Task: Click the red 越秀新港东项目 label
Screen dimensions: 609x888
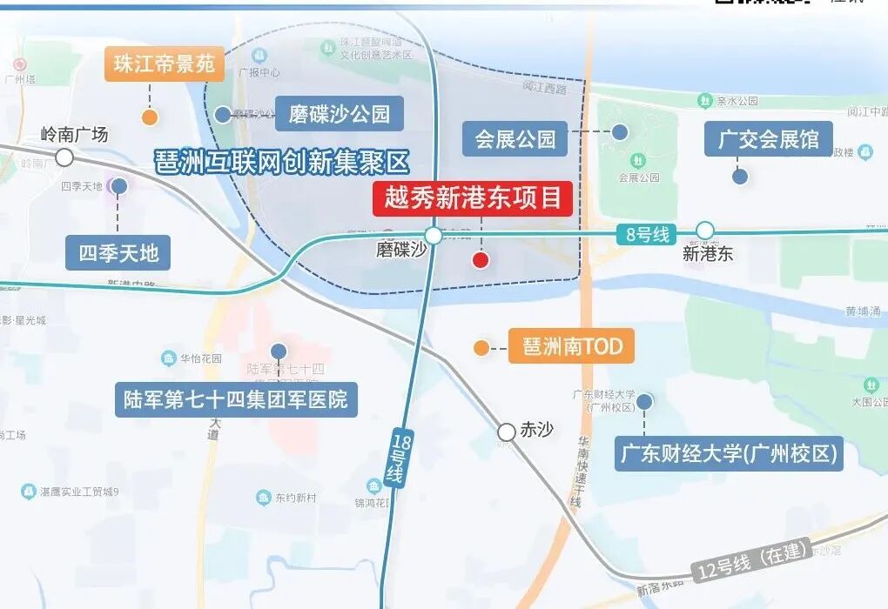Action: (x=473, y=198)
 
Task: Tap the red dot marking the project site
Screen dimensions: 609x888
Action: (x=480, y=259)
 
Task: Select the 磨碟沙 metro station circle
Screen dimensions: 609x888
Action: (x=434, y=235)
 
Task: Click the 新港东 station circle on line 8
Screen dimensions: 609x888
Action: (x=705, y=231)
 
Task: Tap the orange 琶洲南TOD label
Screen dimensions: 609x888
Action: (x=572, y=347)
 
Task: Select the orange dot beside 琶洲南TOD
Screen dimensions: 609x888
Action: (x=481, y=348)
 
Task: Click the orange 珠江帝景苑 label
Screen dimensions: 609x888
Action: (x=165, y=64)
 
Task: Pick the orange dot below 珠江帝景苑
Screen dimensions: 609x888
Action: (x=150, y=117)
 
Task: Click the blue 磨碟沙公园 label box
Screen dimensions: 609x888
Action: (x=340, y=113)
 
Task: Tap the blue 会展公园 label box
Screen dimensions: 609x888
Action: (x=515, y=138)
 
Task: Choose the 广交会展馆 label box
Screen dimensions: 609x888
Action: (x=768, y=138)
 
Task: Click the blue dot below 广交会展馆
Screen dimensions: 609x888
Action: (x=740, y=176)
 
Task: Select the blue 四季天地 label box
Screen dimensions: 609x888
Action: (x=118, y=253)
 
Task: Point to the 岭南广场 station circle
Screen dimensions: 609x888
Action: (x=64, y=157)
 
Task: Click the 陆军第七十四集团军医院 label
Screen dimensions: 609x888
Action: (x=236, y=399)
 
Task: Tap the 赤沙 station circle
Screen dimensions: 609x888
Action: (x=507, y=432)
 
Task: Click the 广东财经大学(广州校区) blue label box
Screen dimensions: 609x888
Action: (x=729, y=453)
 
